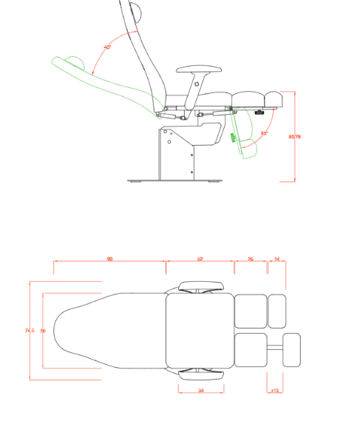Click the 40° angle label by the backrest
(107, 47)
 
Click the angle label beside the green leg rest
(264, 133)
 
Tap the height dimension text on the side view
(294, 136)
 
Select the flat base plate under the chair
(174, 181)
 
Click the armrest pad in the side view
(200, 69)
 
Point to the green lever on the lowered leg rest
(234, 138)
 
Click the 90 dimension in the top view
(109, 258)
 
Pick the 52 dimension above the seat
(200, 258)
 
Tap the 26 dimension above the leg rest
(251, 258)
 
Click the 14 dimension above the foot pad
(276, 258)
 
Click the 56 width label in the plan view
(43, 330)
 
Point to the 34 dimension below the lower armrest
(201, 390)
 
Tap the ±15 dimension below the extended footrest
(275, 390)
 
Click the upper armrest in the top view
(201, 286)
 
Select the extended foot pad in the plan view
(292, 349)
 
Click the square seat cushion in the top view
(199, 330)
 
